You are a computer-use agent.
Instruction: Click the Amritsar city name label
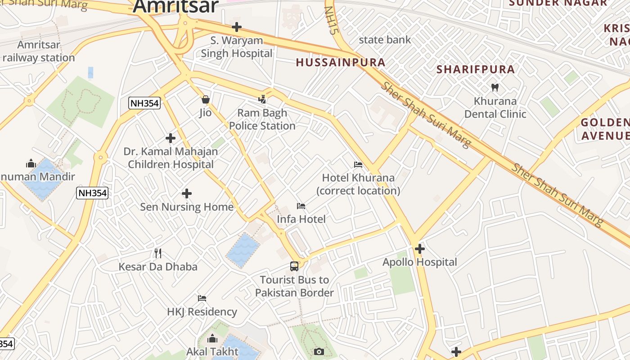click(175, 6)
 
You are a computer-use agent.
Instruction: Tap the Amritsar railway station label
click(38, 51)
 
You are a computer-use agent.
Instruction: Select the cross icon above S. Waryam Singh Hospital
click(237, 27)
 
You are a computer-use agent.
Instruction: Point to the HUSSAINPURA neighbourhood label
click(341, 63)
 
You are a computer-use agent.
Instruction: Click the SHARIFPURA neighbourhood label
click(476, 69)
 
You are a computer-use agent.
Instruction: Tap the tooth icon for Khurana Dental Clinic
click(495, 87)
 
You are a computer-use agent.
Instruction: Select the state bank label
click(385, 40)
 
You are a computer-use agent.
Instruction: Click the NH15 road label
click(332, 20)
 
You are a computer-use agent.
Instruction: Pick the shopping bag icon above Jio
click(206, 99)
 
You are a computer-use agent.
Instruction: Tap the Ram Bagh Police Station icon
click(262, 99)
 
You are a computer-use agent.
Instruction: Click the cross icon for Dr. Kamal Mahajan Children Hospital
click(171, 138)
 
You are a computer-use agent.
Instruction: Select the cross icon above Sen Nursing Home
click(187, 193)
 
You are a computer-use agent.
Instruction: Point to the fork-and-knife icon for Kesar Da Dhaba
click(157, 253)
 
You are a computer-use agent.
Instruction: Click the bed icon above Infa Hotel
click(301, 206)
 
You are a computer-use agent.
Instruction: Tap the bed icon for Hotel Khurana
click(358, 165)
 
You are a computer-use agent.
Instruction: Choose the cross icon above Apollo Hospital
click(420, 248)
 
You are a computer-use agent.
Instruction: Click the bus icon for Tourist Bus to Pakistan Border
click(294, 266)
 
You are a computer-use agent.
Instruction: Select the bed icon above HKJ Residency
click(202, 298)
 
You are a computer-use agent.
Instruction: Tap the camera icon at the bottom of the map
click(319, 351)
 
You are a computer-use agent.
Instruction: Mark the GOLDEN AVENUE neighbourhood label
click(605, 129)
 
